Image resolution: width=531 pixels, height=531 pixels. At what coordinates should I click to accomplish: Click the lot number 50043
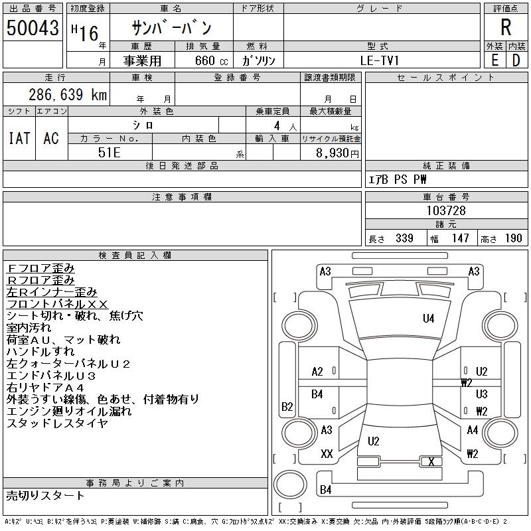(33, 28)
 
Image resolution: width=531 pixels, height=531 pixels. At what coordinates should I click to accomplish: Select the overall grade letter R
(505, 28)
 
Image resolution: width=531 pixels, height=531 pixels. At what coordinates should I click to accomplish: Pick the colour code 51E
(110, 152)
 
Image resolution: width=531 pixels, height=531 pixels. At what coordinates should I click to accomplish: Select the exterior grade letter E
(494, 60)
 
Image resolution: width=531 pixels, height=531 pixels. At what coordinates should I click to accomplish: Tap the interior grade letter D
(516, 60)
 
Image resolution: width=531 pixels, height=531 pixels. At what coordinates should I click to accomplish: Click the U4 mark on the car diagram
(429, 319)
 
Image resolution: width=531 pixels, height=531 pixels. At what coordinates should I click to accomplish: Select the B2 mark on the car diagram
(287, 407)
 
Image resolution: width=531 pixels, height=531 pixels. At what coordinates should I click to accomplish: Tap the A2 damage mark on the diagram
(317, 372)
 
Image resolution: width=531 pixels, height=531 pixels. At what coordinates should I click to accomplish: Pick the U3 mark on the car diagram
(482, 394)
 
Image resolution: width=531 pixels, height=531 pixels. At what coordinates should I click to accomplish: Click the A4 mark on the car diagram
(473, 430)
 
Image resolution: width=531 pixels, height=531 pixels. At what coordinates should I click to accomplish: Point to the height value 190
(513, 238)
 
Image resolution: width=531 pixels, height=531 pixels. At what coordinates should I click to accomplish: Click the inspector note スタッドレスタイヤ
(56, 423)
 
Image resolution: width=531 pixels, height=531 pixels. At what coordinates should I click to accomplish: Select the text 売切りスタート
(45, 495)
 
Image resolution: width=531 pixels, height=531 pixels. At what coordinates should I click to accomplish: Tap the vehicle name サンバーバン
(172, 28)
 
